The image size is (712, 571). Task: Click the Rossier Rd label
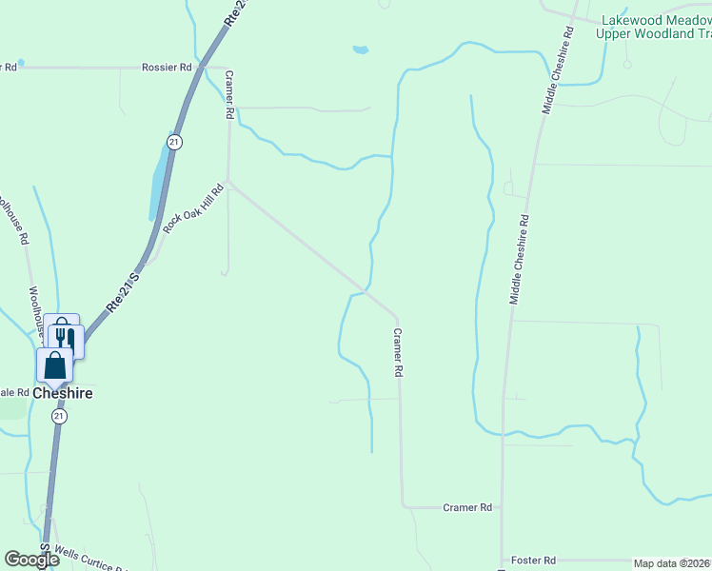point(167,68)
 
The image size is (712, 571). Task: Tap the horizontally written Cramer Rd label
point(466,508)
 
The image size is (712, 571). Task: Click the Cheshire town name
point(63,392)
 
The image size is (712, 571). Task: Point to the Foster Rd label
point(533,561)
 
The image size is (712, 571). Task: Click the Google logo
point(31,561)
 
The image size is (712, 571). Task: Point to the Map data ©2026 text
point(672,563)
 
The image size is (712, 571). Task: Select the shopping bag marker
point(55,365)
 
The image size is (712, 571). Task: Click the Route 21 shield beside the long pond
point(173,141)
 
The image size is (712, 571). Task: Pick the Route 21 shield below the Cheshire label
point(59,417)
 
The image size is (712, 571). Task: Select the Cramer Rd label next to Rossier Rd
point(229,93)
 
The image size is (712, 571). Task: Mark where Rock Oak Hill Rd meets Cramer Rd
point(227,183)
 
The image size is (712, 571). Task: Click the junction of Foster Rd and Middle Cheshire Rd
point(502,561)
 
